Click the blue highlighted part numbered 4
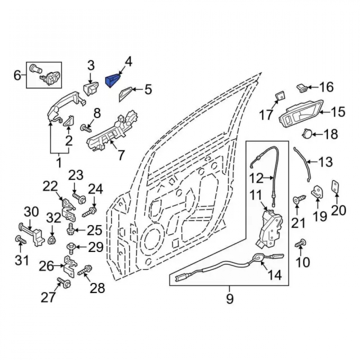pos(113,80)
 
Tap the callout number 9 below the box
pos(230,298)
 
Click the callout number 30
pos(31,212)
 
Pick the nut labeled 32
pos(52,240)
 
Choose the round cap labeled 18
pos(306,134)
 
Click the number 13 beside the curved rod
pos(325,162)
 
